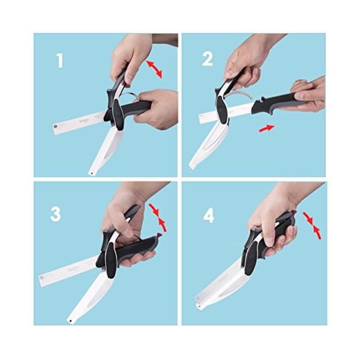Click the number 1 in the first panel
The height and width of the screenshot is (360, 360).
[x=59, y=60]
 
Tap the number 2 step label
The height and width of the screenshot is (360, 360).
[x=208, y=59]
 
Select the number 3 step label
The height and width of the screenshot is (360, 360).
[x=56, y=214]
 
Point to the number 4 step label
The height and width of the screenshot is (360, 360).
[x=208, y=215]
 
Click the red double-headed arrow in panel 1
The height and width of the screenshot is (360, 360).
[x=154, y=67]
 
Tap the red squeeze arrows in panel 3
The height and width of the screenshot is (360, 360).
[x=160, y=217]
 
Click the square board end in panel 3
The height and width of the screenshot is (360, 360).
[x=42, y=278]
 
